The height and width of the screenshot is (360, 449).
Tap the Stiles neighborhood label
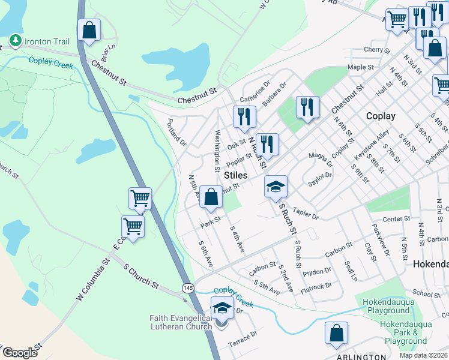(235, 175)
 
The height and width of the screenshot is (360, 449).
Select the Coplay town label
(381, 116)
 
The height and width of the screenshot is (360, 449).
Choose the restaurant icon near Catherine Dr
(244, 116)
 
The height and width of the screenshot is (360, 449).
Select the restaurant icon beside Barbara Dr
(307, 107)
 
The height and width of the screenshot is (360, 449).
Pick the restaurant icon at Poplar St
(267, 144)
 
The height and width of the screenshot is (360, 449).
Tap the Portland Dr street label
(177, 133)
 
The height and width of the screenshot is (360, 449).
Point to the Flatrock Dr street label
(316, 286)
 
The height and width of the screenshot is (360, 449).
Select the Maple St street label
(360, 67)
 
